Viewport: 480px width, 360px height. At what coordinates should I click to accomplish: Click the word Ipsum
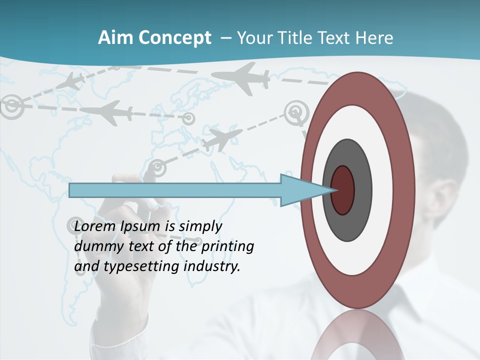[140, 226]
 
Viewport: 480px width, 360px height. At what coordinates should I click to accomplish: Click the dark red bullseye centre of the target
[342, 190]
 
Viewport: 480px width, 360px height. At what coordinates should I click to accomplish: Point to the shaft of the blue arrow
[175, 190]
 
